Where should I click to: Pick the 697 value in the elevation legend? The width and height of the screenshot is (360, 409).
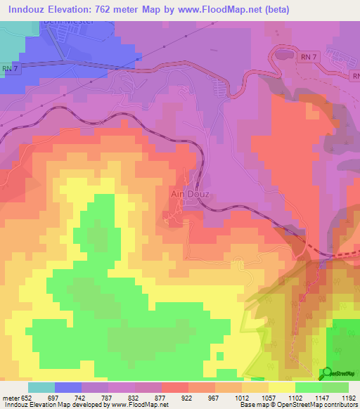(x=55, y=397)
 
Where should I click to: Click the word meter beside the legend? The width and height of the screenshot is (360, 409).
(x=11, y=397)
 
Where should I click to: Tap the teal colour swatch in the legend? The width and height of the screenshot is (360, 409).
(x=41, y=387)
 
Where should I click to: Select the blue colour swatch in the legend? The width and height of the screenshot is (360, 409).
(x=68, y=387)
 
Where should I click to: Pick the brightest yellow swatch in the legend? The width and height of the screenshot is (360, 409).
(x=282, y=387)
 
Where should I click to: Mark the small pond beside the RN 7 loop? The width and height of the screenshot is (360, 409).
(x=283, y=53)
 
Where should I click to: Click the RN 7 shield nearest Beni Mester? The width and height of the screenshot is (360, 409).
(x=8, y=68)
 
